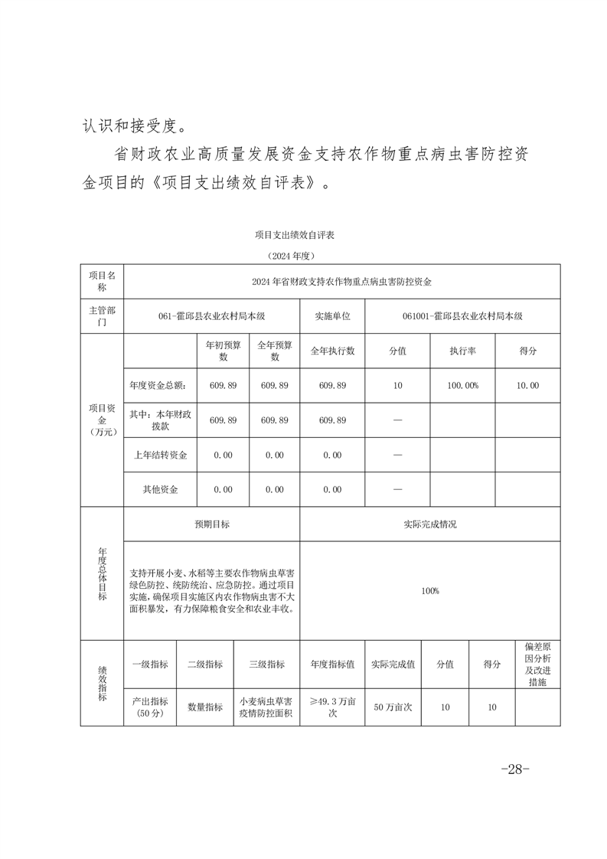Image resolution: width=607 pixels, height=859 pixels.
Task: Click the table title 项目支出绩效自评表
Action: pos(295,235)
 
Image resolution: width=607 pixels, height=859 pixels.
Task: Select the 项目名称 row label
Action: pos(102,281)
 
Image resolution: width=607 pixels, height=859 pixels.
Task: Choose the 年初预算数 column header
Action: pos(223,351)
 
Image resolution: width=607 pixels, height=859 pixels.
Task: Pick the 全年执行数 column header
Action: pos(332,351)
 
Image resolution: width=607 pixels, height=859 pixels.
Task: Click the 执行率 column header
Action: pos(462,351)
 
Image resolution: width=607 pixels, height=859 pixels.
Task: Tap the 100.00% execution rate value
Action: pos(462,386)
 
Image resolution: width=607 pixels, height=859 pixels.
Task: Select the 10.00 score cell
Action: pos(527,386)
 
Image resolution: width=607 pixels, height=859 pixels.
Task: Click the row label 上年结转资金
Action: pos(160,455)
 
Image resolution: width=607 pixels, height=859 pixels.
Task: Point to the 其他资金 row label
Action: pos(160,489)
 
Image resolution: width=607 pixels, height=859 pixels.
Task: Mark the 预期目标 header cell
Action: pos(212,524)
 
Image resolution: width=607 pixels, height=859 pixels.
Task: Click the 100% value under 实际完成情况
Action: pos(429,591)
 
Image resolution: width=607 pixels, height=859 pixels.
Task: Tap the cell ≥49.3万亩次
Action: pos(332,707)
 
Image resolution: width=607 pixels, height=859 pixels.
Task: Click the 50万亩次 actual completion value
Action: pos(393,707)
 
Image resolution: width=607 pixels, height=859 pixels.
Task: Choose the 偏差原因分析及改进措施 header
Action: pos(537,665)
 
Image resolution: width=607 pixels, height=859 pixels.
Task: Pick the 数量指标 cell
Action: pos(205,707)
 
